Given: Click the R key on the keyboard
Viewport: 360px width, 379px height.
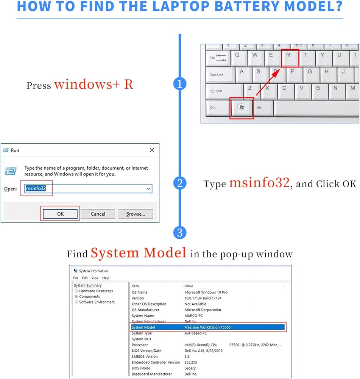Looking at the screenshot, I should pos(290,58).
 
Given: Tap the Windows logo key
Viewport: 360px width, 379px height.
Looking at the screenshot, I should pos(242,108).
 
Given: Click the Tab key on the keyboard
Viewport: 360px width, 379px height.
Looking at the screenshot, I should pos(217,58).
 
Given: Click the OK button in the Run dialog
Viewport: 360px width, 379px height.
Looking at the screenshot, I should pos(60,214).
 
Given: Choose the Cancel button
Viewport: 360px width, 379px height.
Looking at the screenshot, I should pos(98,214).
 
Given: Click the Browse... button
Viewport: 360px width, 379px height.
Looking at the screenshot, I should pos(136,214).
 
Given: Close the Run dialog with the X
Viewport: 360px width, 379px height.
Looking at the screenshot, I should pos(152,150).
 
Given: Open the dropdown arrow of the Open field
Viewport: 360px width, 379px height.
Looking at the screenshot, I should pos(148,188).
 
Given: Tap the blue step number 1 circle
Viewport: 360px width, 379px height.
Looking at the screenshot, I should pos(180,84).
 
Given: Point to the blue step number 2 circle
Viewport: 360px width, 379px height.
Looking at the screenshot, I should pos(180,183).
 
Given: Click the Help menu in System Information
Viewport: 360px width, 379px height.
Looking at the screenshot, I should pos(106,278).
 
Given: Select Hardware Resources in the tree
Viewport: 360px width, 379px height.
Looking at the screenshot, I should pos(96,291).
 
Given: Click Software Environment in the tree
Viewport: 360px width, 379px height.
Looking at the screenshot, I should pos(97,302).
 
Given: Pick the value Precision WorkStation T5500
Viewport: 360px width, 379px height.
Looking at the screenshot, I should pos(207,327).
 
